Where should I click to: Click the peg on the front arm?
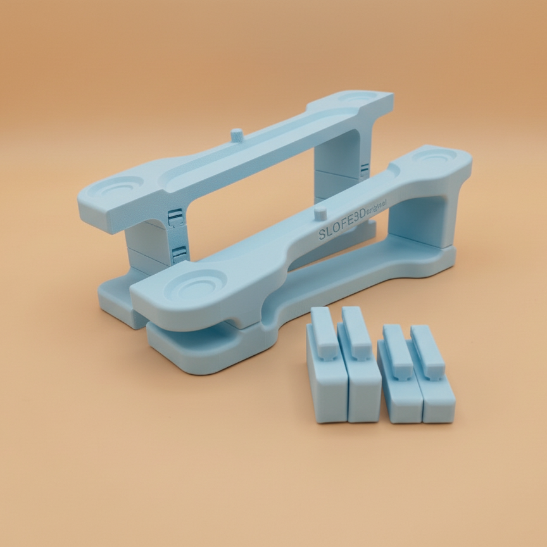pos(321,211)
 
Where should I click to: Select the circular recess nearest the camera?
pos(199,284)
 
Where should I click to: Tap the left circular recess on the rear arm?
pos(122,187)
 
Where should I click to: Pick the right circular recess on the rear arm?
pos(358,99)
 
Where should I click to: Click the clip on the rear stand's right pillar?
pos(364,170)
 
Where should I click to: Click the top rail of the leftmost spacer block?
pos(322,323)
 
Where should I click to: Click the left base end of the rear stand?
pos(117,304)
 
